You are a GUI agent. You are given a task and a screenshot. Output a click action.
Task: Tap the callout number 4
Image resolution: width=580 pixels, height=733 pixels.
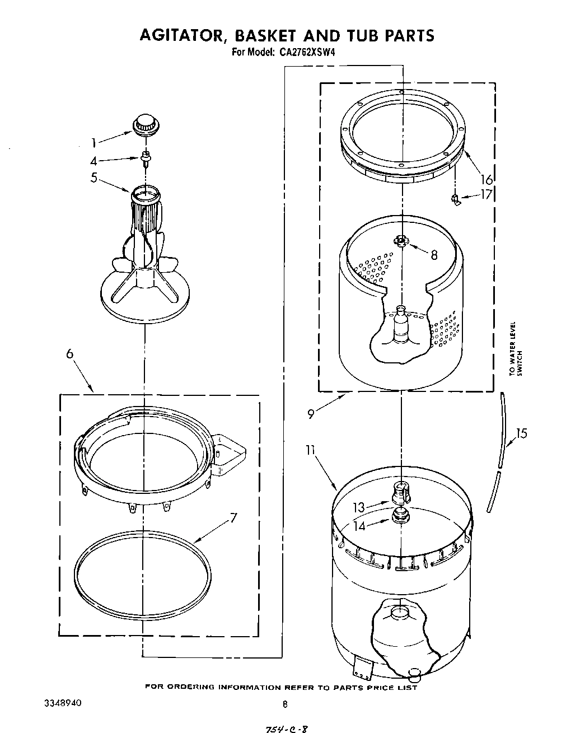93,161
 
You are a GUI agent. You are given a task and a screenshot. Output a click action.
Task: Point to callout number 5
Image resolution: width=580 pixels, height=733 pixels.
93,178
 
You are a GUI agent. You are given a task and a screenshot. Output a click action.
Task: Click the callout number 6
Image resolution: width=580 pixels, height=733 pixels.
69,354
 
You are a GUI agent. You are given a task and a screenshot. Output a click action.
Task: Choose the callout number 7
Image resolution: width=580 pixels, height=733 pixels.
233,518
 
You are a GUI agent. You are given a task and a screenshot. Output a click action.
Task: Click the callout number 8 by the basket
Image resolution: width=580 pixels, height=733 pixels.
433,255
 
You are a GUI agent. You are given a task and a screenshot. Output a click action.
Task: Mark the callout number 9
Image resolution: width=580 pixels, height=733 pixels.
310,415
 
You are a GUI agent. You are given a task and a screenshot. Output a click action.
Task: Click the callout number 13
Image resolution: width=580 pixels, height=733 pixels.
358,507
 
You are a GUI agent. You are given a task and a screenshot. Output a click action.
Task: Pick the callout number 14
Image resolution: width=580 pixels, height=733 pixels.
358,526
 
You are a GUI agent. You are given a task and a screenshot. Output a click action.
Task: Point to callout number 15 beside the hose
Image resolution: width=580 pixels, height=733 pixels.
521,433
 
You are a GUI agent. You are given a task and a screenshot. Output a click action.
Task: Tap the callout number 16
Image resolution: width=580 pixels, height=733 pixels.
487,179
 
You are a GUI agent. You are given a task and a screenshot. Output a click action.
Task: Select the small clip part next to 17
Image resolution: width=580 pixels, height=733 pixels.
457,199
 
